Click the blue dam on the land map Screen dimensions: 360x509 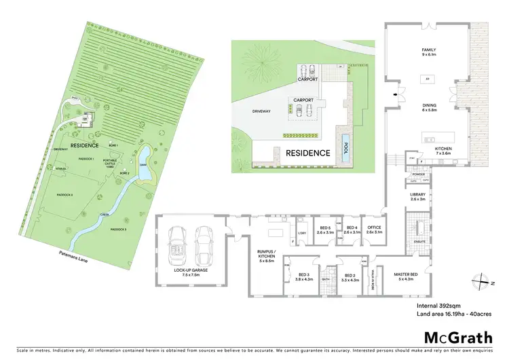point(145,164)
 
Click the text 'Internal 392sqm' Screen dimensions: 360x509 point(436,306)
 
